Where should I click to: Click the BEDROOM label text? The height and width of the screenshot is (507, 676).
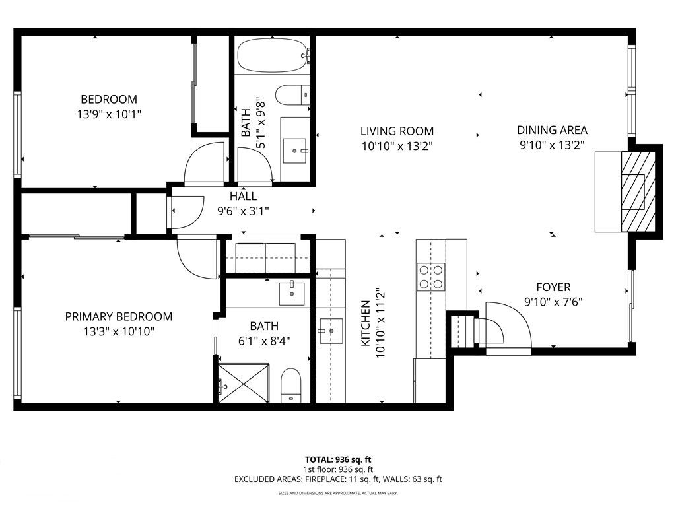click(109, 100)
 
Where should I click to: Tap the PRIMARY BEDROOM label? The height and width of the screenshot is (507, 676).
click(118, 317)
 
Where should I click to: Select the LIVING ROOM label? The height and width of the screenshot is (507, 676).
click(397, 131)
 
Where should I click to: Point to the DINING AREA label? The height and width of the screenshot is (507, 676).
click(552, 131)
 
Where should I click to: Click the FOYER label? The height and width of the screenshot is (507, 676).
click(553, 288)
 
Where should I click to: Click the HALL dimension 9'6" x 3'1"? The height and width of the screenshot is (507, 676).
click(243, 211)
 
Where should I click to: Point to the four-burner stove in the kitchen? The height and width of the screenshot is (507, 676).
click(430, 276)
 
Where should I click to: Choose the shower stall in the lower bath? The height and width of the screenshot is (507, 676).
click(244, 382)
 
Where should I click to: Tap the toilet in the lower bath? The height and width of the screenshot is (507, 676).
click(290, 386)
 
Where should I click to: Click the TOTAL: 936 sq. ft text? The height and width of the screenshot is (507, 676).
click(337, 459)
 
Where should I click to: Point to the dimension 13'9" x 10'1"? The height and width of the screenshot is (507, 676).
click(109, 114)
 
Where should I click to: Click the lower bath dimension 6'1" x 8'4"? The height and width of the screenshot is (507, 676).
click(264, 341)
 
